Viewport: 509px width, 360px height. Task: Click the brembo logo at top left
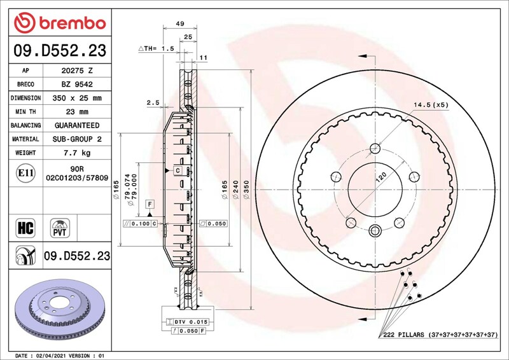coord(60,23)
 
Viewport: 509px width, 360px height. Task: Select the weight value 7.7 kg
coord(77,153)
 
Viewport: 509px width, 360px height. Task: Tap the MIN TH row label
coord(25,112)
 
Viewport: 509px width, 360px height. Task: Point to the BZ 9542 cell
coord(77,85)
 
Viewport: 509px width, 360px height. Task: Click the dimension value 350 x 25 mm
coord(77,98)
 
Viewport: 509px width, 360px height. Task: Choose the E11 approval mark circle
coord(25,173)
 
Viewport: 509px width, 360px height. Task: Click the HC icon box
coord(25,228)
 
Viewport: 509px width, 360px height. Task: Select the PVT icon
coord(60,228)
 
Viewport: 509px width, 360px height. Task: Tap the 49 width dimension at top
coord(180,24)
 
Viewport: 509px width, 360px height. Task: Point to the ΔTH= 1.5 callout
coord(157,49)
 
